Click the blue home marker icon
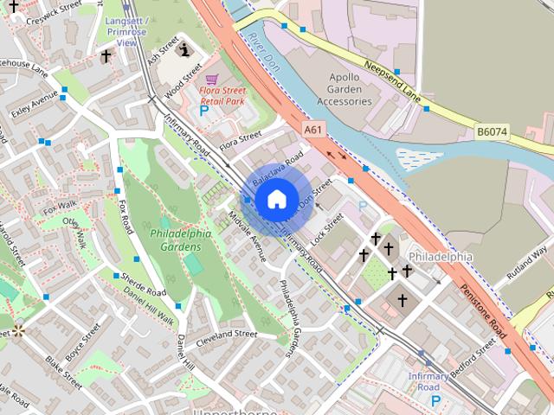pyautogui.click(x=275, y=199)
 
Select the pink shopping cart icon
pyautogui.click(x=212, y=79)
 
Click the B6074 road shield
pyautogui.click(x=491, y=132)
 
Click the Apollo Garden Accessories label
pyautogui.click(x=344, y=88)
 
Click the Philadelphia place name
pyautogui.click(x=441, y=257)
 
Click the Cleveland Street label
pyautogui.click(x=227, y=334)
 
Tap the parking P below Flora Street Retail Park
pyautogui.click(x=204, y=111)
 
